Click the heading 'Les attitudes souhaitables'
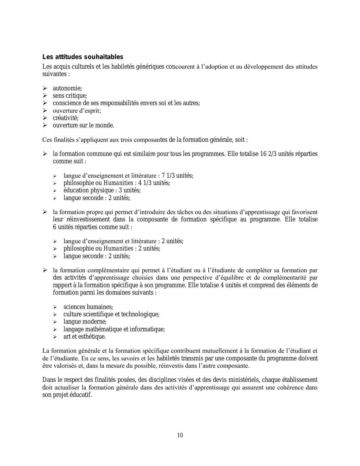83,57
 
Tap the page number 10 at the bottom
180,435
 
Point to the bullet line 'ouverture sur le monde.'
83,125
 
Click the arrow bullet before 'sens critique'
45,96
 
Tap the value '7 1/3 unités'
177,176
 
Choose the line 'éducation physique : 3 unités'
102,190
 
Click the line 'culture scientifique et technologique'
111,314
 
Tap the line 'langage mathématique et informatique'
114,329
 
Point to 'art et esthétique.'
85,337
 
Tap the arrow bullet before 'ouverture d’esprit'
45,111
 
